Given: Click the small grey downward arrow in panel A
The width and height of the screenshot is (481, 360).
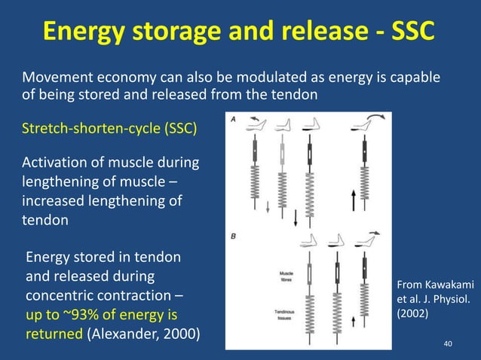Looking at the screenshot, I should coord(268,208).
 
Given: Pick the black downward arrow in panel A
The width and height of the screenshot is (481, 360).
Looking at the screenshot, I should coord(295,218).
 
